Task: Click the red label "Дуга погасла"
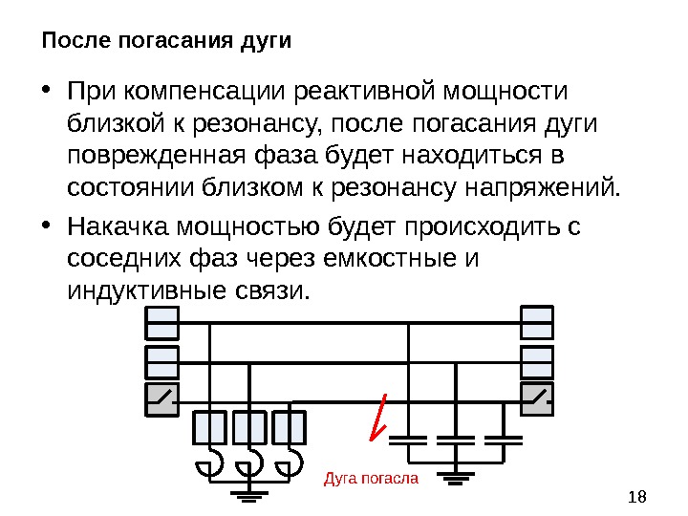[x=372, y=476]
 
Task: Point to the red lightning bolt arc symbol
[x=379, y=417]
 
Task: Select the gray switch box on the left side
[x=161, y=399]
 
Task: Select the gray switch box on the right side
[x=535, y=399]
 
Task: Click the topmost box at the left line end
[x=161, y=323]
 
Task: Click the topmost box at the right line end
[x=535, y=323]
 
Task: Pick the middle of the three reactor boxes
[x=249, y=427]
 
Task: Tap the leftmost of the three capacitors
[x=408, y=441]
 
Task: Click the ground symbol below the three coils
[x=250, y=494]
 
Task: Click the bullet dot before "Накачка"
[x=48, y=228]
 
